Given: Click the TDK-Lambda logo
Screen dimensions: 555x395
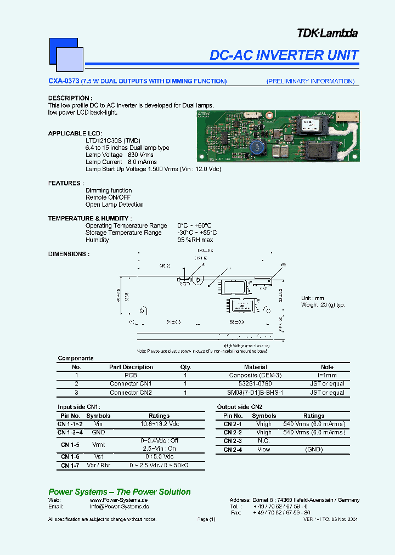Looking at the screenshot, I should (x=328, y=33).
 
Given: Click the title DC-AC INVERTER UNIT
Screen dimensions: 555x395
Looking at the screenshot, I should (x=284, y=55).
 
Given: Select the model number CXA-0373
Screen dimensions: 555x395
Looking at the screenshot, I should (x=63, y=81).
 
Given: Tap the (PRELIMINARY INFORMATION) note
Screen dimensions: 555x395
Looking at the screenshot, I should (x=311, y=81).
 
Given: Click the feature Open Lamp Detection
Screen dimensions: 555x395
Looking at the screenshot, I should (x=114, y=205).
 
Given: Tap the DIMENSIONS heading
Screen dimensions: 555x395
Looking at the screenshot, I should (x=69, y=254).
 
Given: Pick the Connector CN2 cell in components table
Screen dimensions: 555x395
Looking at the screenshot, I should (x=131, y=393).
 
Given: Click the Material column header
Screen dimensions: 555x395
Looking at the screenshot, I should (x=255, y=367).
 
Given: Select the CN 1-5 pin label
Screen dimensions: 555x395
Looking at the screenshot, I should (x=70, y=445).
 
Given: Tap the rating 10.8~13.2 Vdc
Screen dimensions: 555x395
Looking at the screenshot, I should (x=159, y=424).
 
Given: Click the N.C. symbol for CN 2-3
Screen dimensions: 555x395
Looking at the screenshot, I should (x=263, y=441).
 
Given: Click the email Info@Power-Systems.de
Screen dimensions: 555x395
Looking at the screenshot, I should (x=119, y=507).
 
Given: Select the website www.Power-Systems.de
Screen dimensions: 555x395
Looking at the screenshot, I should (x=119, y=500).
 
